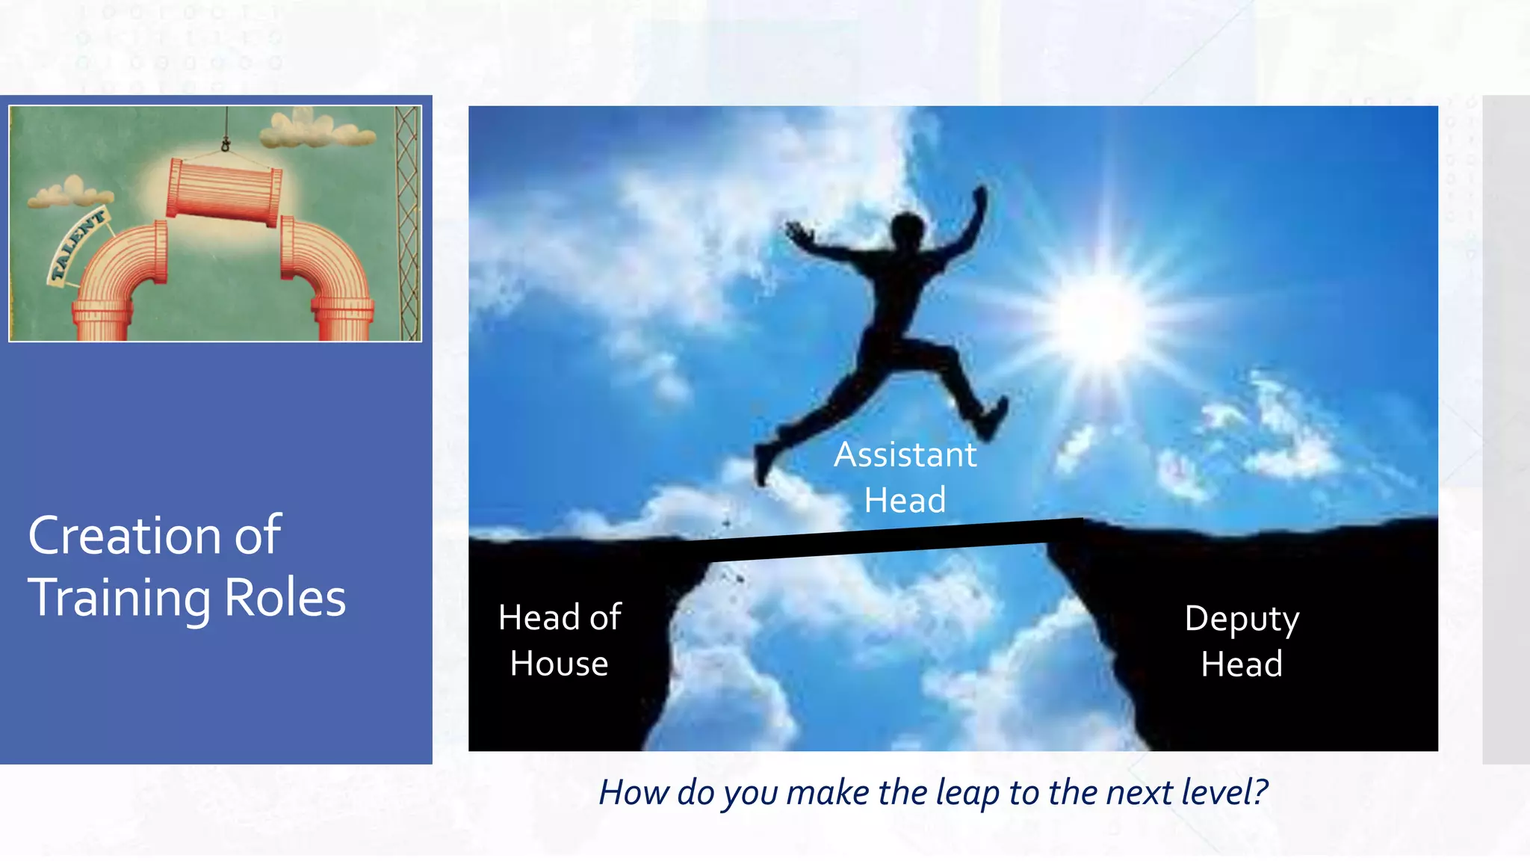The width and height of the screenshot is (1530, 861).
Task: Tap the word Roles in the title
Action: click(x=285, y=598)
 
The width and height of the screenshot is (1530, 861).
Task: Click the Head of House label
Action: click(x=560, y=641)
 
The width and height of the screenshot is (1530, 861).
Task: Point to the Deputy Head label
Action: click(x=1242, y=641)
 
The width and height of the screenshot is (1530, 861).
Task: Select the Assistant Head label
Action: click(x=905, y=477)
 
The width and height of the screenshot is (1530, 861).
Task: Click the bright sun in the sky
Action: click(x=1098, y=320)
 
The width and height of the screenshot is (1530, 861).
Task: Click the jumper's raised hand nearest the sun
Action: click(x=979, y=200)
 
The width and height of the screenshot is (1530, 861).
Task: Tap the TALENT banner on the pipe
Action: click(x=78, y=245)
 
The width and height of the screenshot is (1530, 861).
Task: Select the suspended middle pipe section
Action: click(x=223, y=193)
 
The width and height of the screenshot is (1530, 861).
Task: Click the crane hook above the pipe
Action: click(x=225, y=143)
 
